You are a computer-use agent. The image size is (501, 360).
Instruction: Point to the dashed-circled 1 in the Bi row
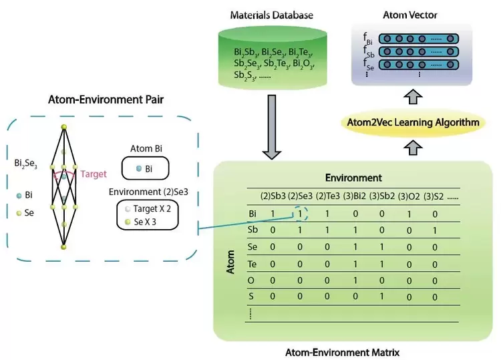click(300, 214)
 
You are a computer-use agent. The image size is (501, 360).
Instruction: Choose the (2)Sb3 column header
click(273, 196)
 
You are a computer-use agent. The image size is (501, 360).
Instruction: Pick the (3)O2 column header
click(409, 196)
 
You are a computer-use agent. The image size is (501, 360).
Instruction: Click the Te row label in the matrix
click(253, 264)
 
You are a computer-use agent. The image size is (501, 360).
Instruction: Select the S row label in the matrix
click(251, 296)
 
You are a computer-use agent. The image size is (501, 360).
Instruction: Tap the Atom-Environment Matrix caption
click(354, 351)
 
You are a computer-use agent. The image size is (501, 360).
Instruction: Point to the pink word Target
click(94, 174)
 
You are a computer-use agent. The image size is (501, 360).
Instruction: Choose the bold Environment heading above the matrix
click(353, 178)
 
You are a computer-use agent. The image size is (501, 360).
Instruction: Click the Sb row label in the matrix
click(253, 230)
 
